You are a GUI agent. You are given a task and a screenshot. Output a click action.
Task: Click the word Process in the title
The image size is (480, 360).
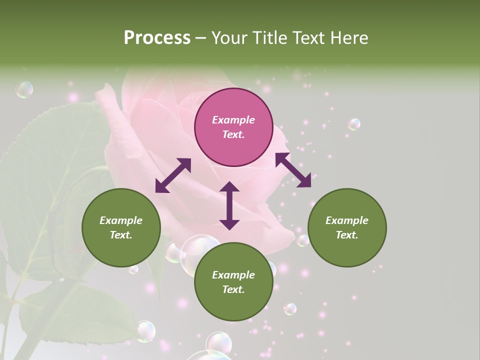coord(157,38)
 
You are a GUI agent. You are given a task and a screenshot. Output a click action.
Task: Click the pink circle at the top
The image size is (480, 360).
coord(233,127)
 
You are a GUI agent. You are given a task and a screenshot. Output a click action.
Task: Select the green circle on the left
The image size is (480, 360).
coord(121,227)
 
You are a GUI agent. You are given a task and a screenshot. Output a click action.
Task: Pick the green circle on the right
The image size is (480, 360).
coord(347,227)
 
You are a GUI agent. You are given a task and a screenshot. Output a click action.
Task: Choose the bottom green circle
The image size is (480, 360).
coord(233,282)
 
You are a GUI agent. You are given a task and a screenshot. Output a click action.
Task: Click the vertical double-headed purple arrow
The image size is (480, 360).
coord(229,205)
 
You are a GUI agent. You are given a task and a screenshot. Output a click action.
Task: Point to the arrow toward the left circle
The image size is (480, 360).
coord(173,175)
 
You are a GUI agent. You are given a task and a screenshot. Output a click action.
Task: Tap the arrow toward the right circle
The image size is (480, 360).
coord(293,170)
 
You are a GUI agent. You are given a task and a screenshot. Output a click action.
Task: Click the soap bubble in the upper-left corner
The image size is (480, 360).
coord(24,89)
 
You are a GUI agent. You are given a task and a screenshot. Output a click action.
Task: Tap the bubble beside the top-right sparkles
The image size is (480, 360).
coord(354,124)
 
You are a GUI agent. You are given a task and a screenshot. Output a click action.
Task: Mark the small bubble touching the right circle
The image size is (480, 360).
coord(303,240)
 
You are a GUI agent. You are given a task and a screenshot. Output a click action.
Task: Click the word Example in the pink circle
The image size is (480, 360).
coord(233,120)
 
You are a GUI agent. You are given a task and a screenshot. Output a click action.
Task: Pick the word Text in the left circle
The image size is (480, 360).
coord(121,235)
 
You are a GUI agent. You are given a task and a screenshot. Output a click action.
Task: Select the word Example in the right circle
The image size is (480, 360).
coord(347,220)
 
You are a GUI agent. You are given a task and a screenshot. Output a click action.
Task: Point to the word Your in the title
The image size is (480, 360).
coord(229,38)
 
